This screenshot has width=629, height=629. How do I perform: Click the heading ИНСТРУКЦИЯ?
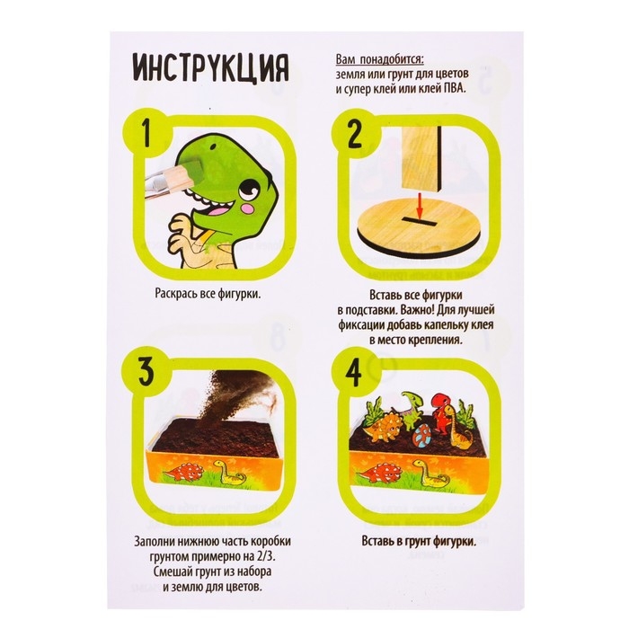click(210, 69)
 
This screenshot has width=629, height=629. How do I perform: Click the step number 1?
click(146, 134)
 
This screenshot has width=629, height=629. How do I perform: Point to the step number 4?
click(353, 371)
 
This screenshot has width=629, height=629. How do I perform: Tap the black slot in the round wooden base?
click(420, 220)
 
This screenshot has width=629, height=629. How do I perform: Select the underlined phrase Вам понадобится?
click(379, 60)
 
